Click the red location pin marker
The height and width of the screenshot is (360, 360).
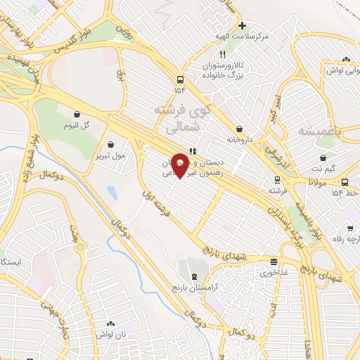coord(180,164)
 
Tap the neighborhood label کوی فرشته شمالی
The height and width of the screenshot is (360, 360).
coord(181,120)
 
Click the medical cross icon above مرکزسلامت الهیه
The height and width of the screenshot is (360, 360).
coord(242,25)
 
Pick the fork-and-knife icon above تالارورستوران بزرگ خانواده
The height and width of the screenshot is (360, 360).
coord(222,54)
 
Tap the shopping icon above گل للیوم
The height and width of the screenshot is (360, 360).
coord(77,114)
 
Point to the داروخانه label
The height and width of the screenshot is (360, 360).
coord(240,140)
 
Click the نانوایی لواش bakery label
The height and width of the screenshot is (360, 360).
coord(342,70)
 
